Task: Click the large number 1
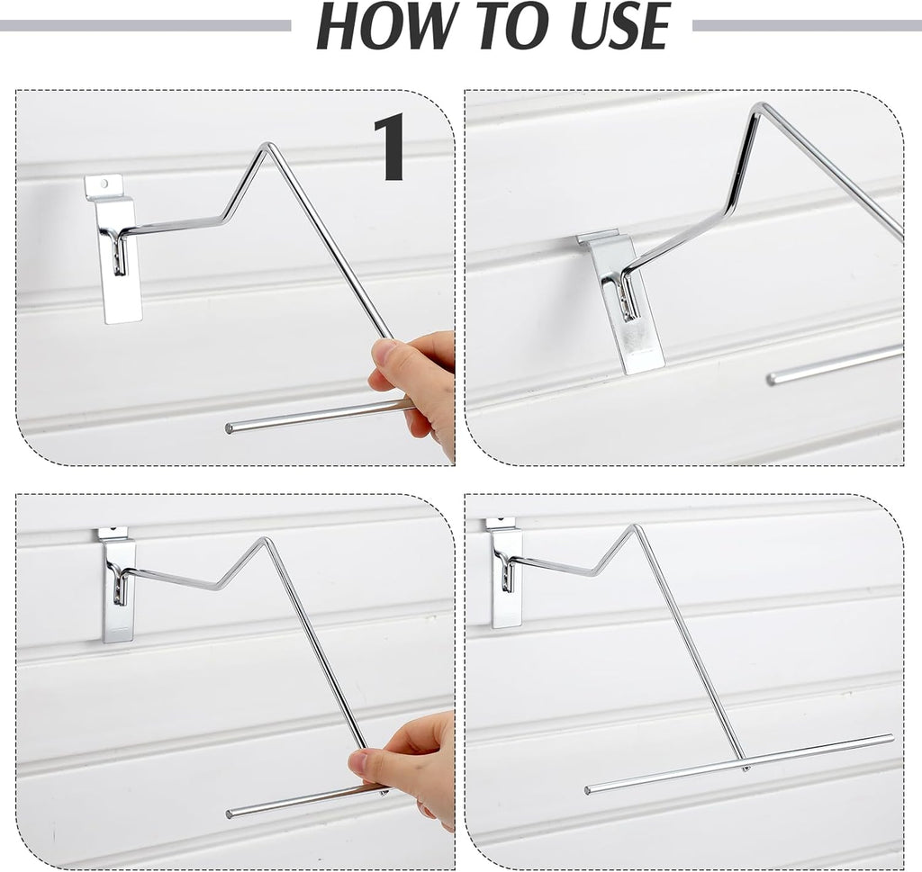[x=390, y=147]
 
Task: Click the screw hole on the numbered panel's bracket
[x=104, y=183]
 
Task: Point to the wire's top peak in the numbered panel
[x=267, y=145]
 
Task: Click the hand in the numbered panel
[x=414, y=389]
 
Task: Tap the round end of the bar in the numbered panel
[x=229, y=428]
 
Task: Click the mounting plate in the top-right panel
[x=623, y=301]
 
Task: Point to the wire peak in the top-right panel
[x=760, y=106]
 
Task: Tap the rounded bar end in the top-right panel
[x=771, y=380]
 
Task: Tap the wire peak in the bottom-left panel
[x=264, y=541]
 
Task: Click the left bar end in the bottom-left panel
[x=229, y=815]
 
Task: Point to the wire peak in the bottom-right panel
[x=634, y=527]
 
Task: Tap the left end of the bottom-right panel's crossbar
[x=588, y=791]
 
